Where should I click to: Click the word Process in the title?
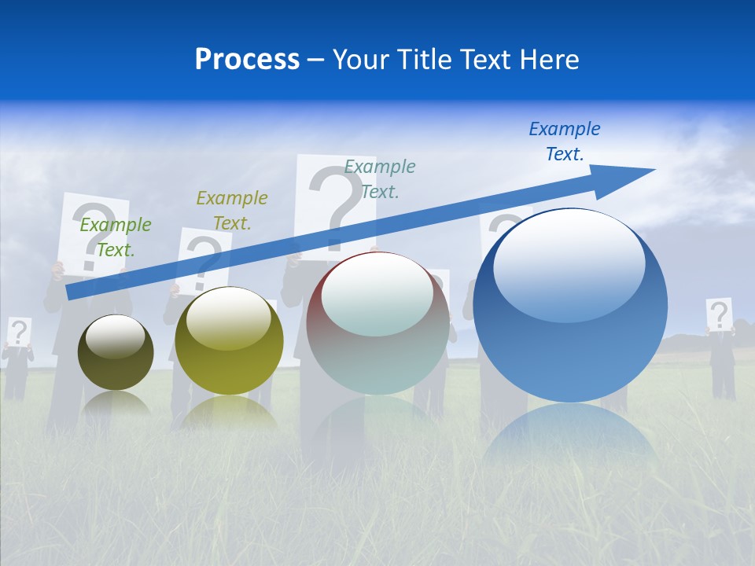click(x=247, y=60)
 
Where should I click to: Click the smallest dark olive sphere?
click(x=116, y=353)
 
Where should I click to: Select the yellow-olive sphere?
click(x=229, y=341)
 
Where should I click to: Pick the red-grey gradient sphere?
click(x=377, y=324)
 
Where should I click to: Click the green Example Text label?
click(x=115, y=237)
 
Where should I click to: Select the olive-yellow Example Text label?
click(x=231, y=210)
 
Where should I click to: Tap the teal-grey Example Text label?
click(x=379, y=178)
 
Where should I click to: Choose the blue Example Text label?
click(x=564, y=141)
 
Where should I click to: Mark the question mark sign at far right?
click(x=719, y=314)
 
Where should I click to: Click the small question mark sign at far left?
click(x=19, y=331)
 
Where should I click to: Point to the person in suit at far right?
click(x=723, y=362)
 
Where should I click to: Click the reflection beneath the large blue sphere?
click(x=570, y=436)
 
